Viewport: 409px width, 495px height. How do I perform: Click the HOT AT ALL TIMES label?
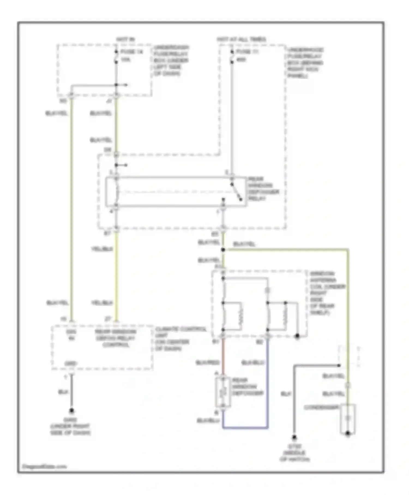click(x=241, y=39)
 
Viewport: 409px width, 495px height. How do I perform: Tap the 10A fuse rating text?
click(x=125, y=59)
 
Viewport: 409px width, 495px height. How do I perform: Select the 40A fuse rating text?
click(x=241, y=59)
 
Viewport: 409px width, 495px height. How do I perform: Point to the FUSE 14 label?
click(x=132, y=52)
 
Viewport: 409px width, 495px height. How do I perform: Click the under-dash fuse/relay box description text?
click(x=171, y=60)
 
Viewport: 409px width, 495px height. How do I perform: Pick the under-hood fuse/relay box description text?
click(x=305, y=63)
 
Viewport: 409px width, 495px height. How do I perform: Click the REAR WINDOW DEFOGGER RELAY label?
click(x=263, y=189)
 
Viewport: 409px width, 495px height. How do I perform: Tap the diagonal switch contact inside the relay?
click(x=236, y=191)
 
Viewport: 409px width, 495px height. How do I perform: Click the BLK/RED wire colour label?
click(x=208, y=363)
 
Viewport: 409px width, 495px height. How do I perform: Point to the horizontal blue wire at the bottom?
click(x=245, y=428)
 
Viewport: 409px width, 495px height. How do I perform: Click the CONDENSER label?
click(x=321, y=407)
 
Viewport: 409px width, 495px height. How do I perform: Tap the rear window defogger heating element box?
click(x=223, y=392)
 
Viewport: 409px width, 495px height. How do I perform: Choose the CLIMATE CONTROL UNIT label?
click(x=180, y=339)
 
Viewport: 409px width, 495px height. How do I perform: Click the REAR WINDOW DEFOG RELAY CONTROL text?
click(x=116, y=338)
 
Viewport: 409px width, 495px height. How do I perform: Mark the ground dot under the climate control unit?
click(x=71, y=410)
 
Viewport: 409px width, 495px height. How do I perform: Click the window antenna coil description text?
click(x=327, y=293)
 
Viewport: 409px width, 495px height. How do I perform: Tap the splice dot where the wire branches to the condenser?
click(x=223, y=250)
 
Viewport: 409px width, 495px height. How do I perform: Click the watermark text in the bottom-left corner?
click(x=44, y=466)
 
